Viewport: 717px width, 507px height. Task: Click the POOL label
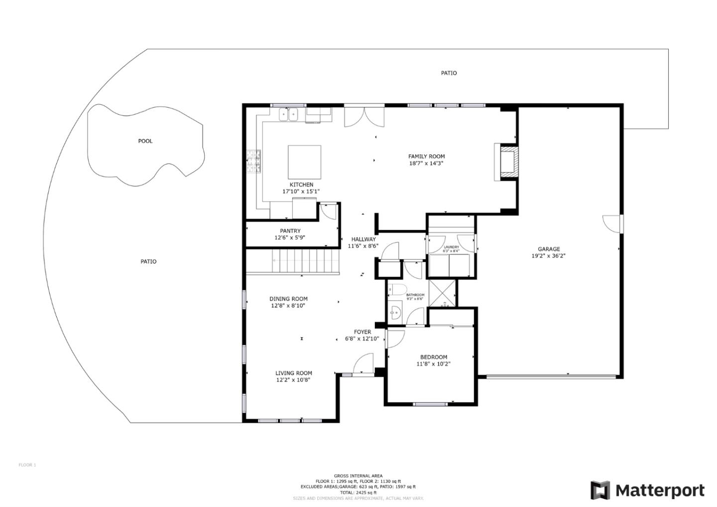145,141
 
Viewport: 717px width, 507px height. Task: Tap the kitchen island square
304,162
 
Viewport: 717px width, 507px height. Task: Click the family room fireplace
506,161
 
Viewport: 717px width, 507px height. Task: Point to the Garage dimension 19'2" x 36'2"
548,256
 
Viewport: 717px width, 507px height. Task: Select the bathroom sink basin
395,312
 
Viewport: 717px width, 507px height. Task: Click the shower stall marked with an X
442,293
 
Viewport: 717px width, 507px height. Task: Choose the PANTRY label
290,231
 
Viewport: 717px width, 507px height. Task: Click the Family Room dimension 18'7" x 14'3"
426,163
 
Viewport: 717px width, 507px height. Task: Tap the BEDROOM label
433,357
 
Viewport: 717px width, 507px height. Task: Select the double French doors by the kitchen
364,116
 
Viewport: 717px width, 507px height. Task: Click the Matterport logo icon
600,491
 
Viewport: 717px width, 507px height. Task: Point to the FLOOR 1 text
27,465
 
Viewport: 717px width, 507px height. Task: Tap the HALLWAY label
363,239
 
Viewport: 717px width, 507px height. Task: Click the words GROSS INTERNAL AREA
358,476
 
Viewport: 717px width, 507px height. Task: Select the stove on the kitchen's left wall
253,161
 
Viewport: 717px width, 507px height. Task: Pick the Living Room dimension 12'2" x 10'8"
294,380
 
